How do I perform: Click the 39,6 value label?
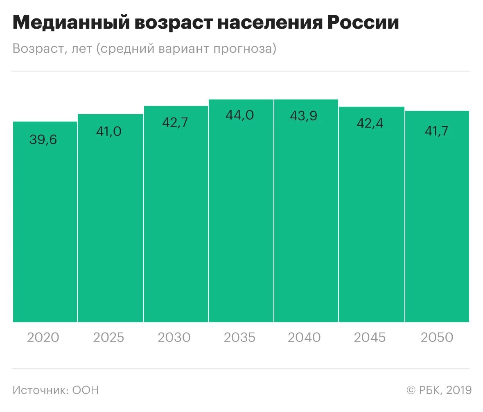click(43, 140)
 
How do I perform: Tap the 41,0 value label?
click(108, 132)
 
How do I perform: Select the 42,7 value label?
click(175, 123)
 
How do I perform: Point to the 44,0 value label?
click(240, 115)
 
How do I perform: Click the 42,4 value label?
click(370, 123)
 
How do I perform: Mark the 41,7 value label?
click(436, 131)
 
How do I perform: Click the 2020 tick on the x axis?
click(43, 337)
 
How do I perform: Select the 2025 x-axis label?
click(108, 337)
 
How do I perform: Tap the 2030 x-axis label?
click(174, 337)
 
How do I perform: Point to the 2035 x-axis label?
click(240, 337)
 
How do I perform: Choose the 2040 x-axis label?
click(304, 337)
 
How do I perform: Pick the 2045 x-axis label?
click(370, 337)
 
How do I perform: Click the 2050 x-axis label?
click(437, 337)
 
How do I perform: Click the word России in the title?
click(362, 23)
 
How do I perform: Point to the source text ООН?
click(86, 390)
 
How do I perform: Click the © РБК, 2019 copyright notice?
click(439, 390)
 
